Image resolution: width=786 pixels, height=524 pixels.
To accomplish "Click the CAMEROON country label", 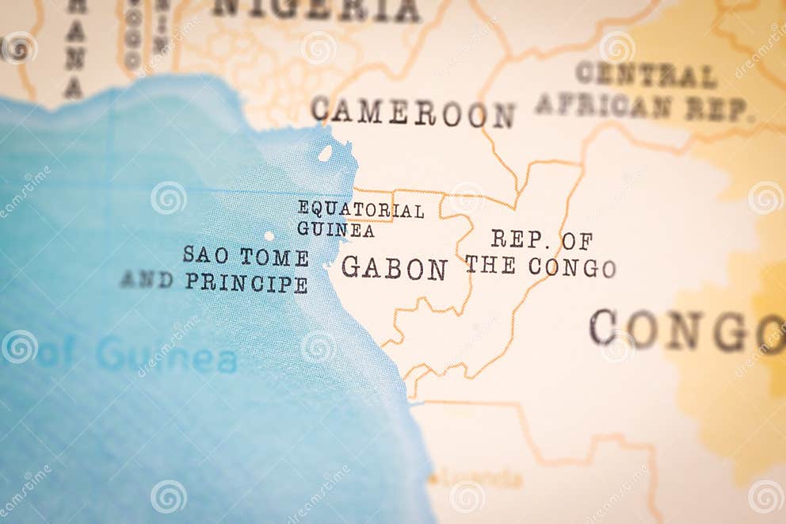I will point(413,112).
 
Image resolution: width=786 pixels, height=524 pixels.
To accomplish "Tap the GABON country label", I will point(394,268).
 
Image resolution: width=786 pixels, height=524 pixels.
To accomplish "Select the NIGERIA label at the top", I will point(316,10).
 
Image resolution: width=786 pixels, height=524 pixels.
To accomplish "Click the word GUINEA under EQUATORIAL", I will point(335,230).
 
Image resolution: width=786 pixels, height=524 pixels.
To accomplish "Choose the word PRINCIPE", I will point(246,282).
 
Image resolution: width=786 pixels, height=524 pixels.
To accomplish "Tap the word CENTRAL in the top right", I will point(646,75).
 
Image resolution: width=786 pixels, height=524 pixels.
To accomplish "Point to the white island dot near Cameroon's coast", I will point(325,153).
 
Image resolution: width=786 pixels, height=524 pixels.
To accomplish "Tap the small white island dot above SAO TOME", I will point(269,235).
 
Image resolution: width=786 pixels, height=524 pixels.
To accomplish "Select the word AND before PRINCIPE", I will point(147,280).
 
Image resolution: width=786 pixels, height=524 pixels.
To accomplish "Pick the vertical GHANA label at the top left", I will point(74,48).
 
